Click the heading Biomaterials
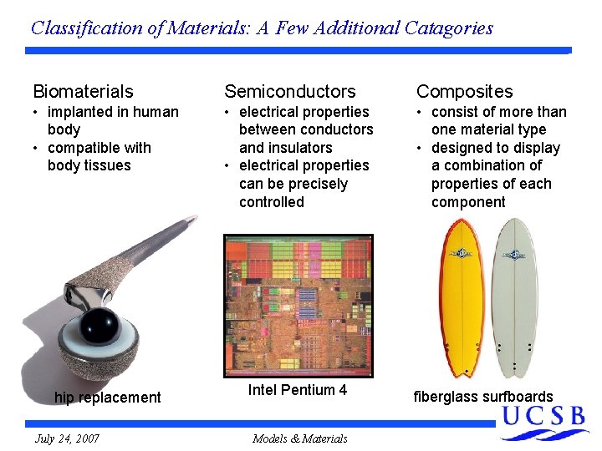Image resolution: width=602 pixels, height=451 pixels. pos(83,91)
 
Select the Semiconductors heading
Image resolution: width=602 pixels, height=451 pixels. pos(289,91)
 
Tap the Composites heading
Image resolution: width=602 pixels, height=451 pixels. pos(464,91)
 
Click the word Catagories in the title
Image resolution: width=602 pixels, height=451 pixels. pos(448,28)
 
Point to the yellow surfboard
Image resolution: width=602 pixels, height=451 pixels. pos(462,296)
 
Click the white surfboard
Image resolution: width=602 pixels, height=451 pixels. pos(514,296)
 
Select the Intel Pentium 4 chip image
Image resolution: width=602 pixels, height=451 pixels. pos(297,305)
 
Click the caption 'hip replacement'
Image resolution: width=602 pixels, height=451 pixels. pos(107,398)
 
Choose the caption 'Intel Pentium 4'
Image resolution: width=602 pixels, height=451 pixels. pos(297,390)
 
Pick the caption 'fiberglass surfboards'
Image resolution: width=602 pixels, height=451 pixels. pos(483,397)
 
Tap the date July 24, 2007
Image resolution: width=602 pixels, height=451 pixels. pos(67,438)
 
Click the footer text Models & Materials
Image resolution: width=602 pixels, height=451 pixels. pos(299,438)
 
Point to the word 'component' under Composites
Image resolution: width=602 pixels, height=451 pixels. pos(468,202)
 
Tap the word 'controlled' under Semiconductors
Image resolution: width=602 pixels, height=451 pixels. pos(272,202)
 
